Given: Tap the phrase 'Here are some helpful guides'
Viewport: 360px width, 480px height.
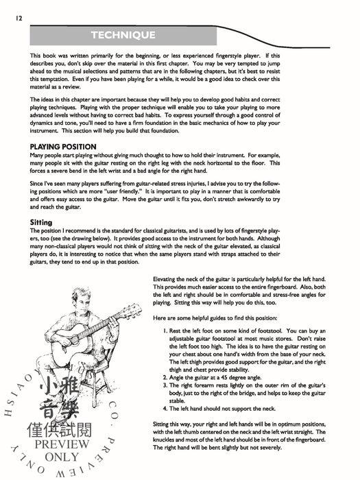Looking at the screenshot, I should [199, 320].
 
